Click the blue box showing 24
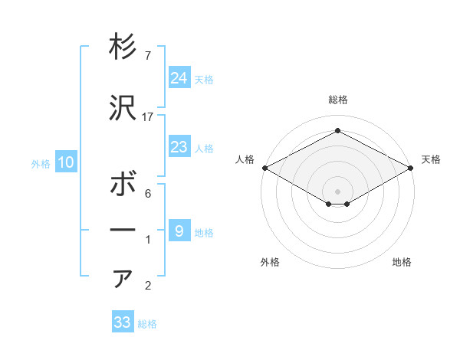pyautogui.click(x=179, y=78)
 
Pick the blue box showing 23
pyautogui.click(x=179, y=147)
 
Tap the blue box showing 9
pyautogui.click(x=179, y=231)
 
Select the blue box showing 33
pyautogui.click(x=123, y=322)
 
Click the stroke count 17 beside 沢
pyautogui.click(x=149, y=117)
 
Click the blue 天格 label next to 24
pyautogui.click(x=204, y=79)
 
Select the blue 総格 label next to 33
pyautogui.click(x=147, y=324)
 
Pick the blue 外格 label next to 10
pyautogui.click(x=41, y=163)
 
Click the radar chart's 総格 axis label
pyautogui.click(x=338, y=100)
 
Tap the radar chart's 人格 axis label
pyautogui.click(x=245, y=159)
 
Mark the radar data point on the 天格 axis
pyautogui.click(x=412, y=168)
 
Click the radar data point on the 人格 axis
pyautogui.click(x=264, y=168)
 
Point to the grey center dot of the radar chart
pyautogui.click(x=338, y=190)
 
